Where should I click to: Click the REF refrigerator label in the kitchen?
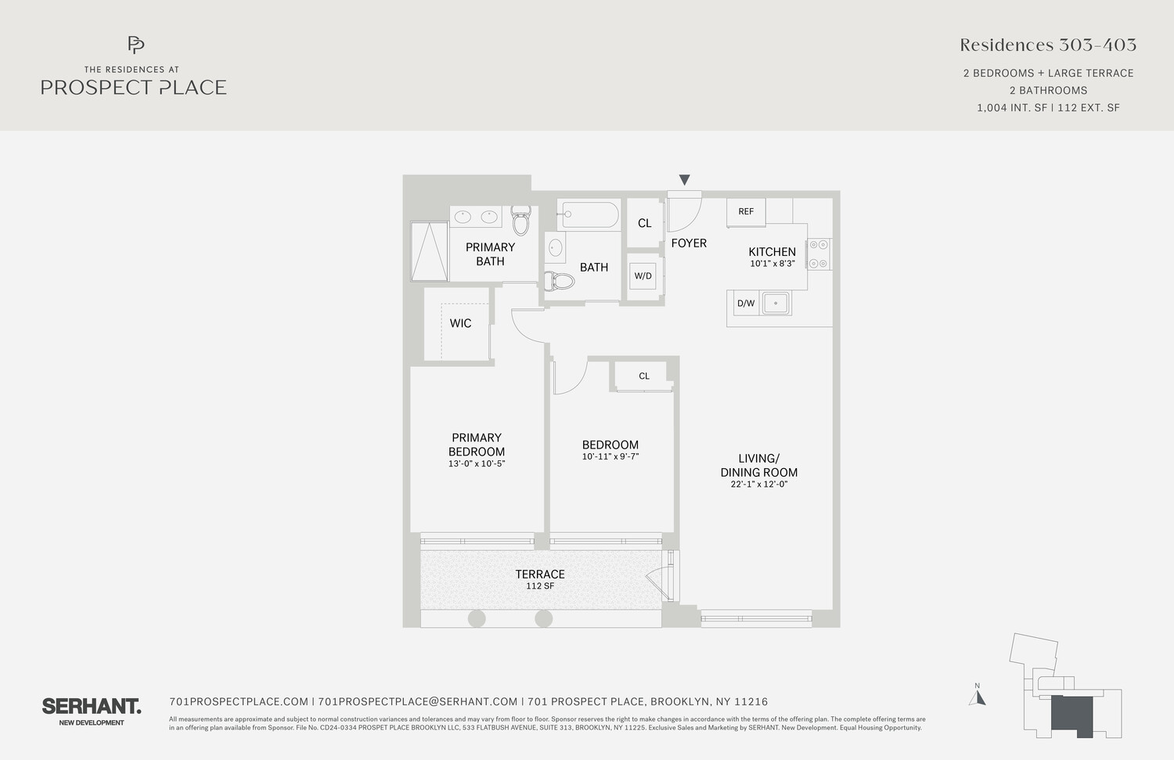pyautogui.click(x=746, y=211)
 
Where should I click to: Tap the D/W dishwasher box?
pyautogui.click(x=746, y=303)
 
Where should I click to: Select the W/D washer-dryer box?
pyautogui.click(x=643, y=276)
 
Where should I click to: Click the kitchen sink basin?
pyautogui.click(x=776, y=303)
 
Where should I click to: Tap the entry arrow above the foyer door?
pyautogui.click(x=685, y=180)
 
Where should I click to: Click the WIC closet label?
pyautogui.click(x=460, y=323)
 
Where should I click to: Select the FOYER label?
pyautogui.click(x=689, y=243)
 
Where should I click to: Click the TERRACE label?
pyautogui.click(x=540, y=575)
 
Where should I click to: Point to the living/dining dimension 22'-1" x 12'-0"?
pyautogui.click(x=758, y=484)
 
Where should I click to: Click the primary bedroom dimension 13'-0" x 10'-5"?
pyautogui.click(x=476, y=463)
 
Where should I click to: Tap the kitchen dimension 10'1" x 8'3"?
pyautogui.click(x=772, y=264)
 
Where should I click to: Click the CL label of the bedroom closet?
pyautogui.click(x=644, y=376)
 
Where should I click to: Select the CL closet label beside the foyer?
pyautogui.click(x=644, y=223)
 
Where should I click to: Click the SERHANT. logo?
pyautogui.click(x=92, y=707)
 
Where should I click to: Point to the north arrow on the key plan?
pyautogui.click(x=977, y=696)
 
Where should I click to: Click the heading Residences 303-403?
pyautogui.click(x=1048, y=45)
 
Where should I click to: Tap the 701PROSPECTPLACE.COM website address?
pyautogui.click(x=239, y=702)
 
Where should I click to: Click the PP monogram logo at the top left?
pyautogui.click(x=135, y=45)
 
